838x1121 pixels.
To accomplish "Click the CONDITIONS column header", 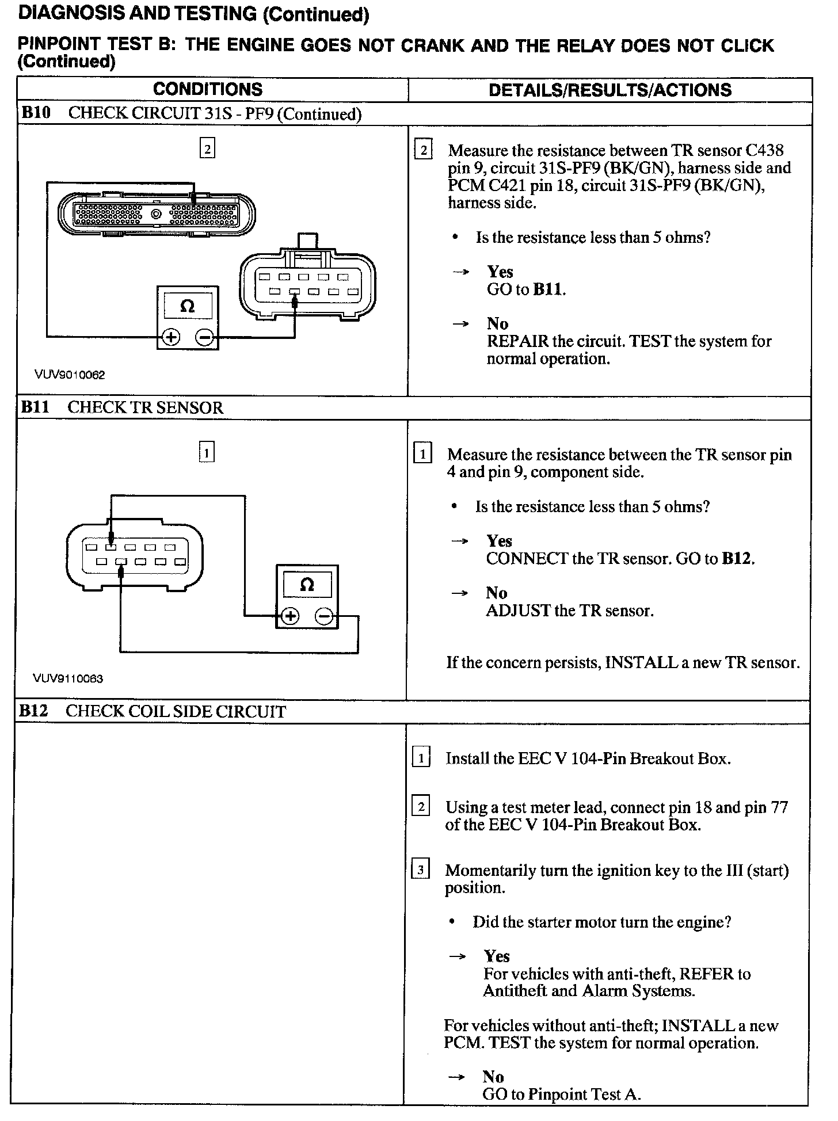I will [208, 90].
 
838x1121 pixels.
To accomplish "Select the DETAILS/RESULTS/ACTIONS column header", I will [610, 90].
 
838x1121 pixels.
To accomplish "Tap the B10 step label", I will [36, 113].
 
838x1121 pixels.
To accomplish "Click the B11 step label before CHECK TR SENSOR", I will [35, 407].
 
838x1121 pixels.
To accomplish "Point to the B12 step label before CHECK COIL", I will [33, 711].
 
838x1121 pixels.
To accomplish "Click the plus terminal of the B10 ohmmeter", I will [171, 337].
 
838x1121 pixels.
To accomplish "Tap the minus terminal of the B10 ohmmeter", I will [205, 337].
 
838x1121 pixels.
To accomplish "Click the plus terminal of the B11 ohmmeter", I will [290, 617].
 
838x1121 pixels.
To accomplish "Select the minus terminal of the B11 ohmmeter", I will [324, 617].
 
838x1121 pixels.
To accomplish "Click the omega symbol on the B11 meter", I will [307, 585].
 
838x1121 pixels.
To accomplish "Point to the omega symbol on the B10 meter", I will [188, 306].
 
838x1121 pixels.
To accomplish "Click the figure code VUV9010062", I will [70, 375].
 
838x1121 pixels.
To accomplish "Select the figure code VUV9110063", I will [68, 679].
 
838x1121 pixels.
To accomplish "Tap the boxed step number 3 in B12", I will [421, 870].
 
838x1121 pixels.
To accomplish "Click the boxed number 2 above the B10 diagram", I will [207, 149].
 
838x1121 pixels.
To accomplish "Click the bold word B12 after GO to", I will [737, 559].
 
